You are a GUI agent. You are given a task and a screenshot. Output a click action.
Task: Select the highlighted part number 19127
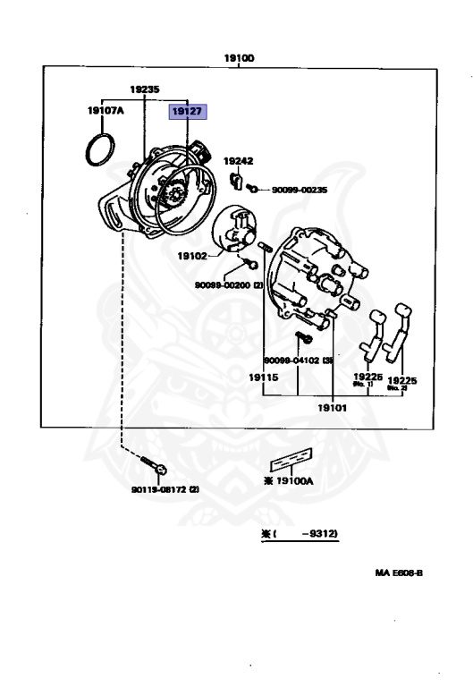188,112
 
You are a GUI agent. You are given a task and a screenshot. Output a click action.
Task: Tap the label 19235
144,90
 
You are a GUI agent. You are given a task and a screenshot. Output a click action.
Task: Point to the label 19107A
106,112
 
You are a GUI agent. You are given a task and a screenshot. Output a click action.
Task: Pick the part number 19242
238,161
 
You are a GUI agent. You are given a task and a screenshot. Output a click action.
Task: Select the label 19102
191,255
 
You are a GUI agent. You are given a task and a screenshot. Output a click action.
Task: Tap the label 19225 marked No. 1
367,380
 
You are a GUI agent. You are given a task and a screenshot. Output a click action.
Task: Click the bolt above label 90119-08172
158,467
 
